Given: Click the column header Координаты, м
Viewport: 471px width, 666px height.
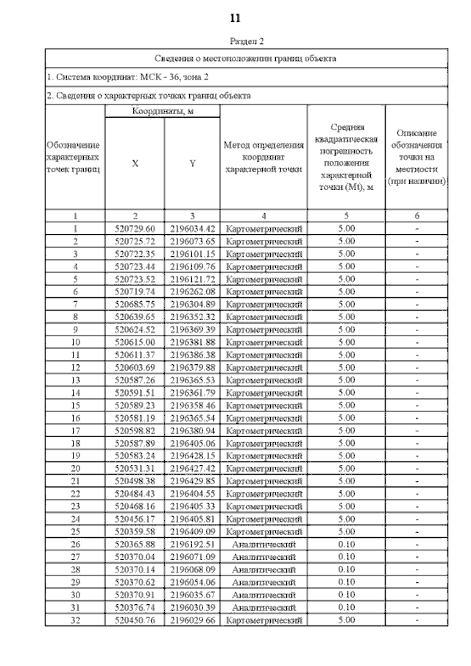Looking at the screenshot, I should (162, 111).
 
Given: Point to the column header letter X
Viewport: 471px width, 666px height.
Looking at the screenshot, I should (135, 164).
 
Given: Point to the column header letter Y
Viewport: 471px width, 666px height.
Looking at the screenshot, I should (192, 164).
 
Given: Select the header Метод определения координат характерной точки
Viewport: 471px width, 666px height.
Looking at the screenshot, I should (263, 157).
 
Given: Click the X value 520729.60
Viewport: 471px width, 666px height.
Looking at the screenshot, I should (135, 229).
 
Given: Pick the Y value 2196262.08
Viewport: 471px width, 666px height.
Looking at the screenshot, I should (192, 291).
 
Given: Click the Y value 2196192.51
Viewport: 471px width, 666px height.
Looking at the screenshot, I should (192, 543).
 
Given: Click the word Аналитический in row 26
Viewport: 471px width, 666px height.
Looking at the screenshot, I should (263, 543).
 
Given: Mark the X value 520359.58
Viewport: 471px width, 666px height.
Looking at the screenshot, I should (135, 531).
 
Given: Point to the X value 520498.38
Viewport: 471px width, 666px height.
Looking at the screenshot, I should (135, 480).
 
